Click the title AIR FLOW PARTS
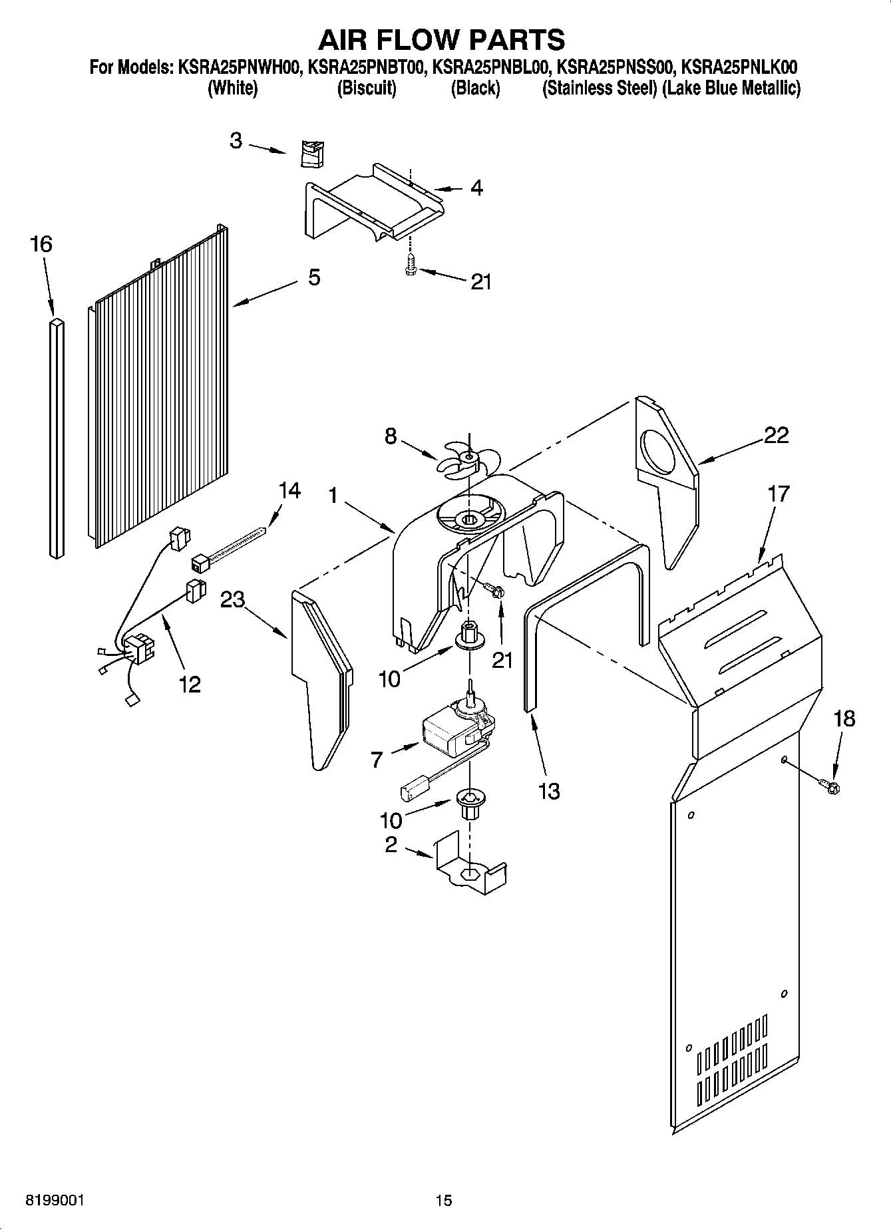click(x=441, y=40)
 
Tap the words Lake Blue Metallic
click(x=732, y=88)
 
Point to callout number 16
click(x=41, y=244)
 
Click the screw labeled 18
click(x=830, y=787)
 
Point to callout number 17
click(x=777, y=494)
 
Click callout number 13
click(x=549, y=791)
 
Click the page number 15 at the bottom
click(x=444, y=1200)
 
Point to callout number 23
click(x=233, y=600)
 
